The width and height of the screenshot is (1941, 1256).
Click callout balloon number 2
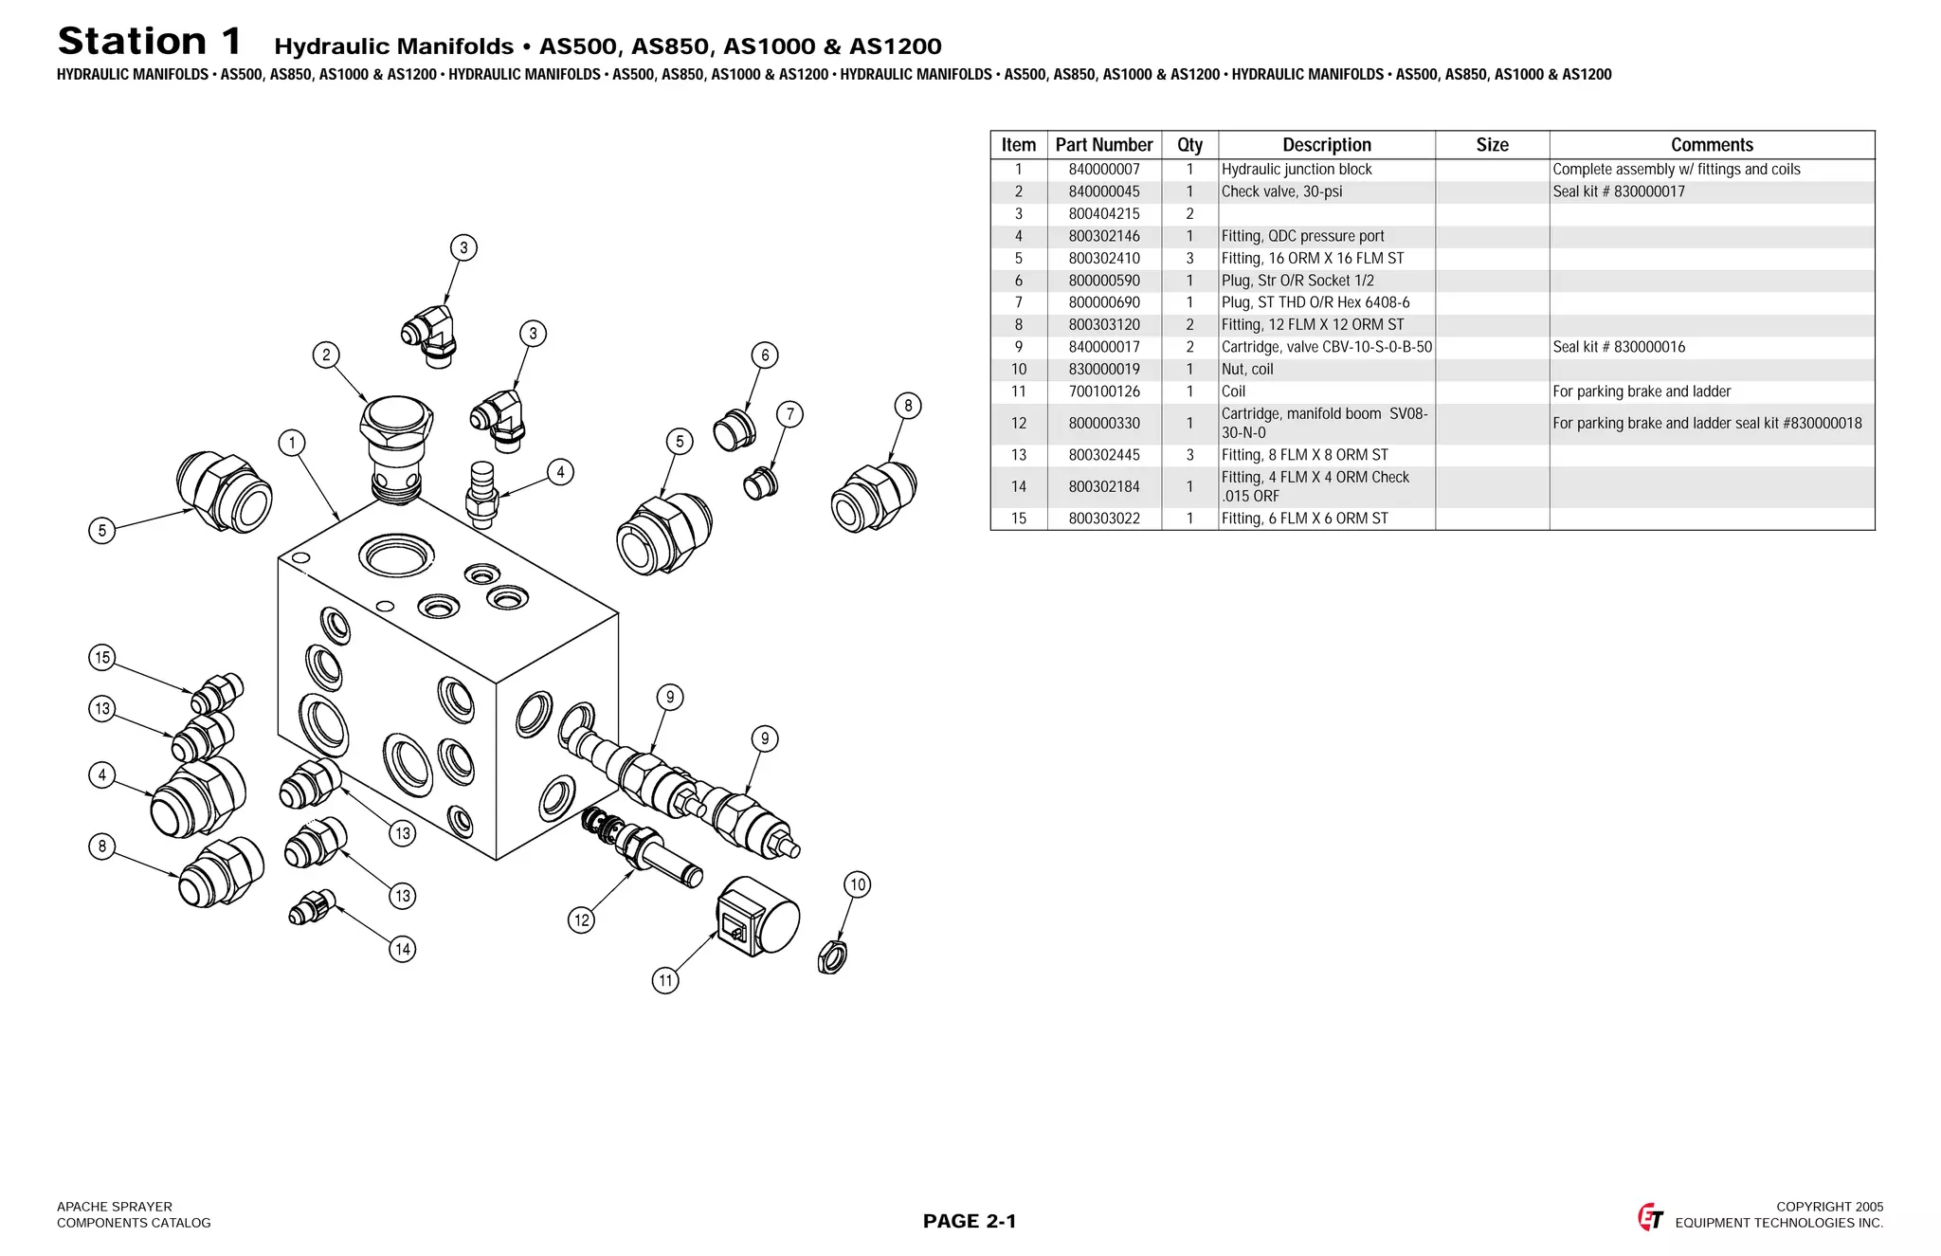pos(326,355)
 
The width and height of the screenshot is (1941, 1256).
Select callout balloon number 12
pos(581,919)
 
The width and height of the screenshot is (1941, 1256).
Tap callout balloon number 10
pos(858,884)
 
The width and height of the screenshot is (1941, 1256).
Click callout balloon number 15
pos(102,657)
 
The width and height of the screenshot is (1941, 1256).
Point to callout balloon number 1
pos(292,443)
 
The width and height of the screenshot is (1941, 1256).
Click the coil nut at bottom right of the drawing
pos(832,956)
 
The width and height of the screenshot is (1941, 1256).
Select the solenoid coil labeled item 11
pos(758,916)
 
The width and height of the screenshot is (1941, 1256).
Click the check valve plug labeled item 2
pos(396,446)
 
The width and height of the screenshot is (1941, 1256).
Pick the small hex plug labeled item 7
pos(760,483)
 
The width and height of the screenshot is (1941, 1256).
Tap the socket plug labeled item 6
pos(735,430)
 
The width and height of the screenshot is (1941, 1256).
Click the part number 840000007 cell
pos(1104,170)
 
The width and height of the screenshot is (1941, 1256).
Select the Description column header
pos(1326,145)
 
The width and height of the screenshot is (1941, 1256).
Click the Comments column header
pos(1712,145)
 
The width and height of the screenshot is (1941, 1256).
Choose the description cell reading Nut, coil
pos(1247,370)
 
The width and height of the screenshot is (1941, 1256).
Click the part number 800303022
pos(1104,519)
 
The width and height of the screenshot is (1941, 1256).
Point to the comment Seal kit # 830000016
pos(1619,347)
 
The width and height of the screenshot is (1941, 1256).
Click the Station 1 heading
pos(150,42)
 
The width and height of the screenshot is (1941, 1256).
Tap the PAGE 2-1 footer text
pos(970,1221)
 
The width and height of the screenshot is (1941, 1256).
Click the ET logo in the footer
pos(1650,1216)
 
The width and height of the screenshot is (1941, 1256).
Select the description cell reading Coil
pos(1234,391)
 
